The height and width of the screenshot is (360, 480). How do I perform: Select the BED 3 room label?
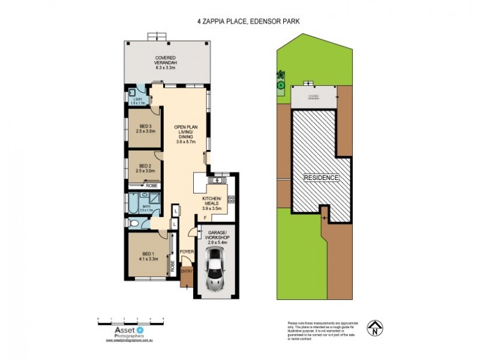point(146,128)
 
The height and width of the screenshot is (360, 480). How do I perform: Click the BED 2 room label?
point(146,168)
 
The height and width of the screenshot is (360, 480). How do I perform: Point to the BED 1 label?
point(148,256)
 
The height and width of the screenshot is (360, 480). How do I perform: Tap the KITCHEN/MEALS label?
point(212,203)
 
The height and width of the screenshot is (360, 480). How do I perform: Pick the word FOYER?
point(186,252)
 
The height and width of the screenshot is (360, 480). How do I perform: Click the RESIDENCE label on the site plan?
point(320,178)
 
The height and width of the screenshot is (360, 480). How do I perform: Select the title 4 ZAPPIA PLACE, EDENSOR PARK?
point(248,20)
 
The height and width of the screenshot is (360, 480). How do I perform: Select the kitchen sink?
point(214,181)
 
